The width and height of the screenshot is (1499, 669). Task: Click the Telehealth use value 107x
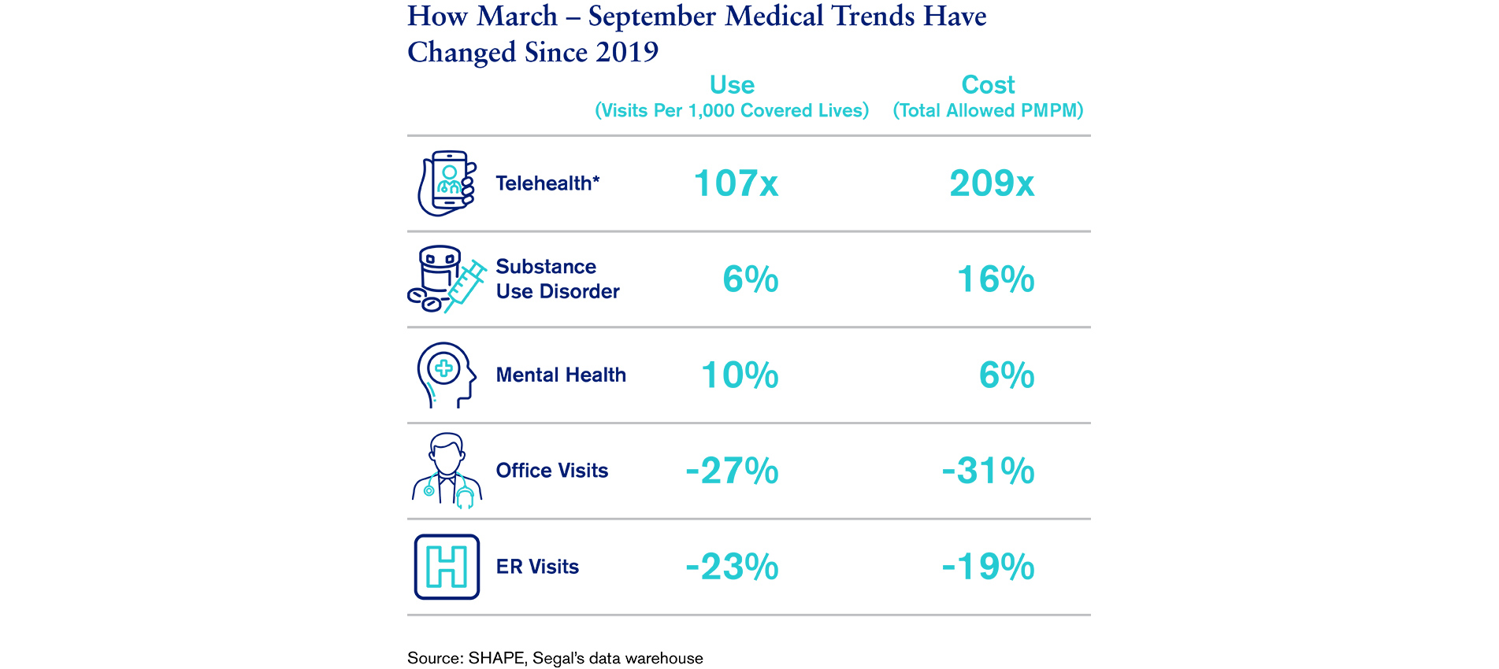[736, 183]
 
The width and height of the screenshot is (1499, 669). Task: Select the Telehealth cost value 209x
[992, 183]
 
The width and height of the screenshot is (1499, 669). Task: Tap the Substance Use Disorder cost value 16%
[996, 279]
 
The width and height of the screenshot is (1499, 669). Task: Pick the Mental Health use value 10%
[740, 375]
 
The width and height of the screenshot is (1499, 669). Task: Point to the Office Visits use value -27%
[732, 471]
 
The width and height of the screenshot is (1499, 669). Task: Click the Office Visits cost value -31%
[988, 471]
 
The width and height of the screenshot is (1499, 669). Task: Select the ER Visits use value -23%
[732, 567]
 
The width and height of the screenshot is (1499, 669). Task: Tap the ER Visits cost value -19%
[988, 567]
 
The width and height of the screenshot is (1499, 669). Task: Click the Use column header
[732, 85]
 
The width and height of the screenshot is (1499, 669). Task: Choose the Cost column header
[988, 85]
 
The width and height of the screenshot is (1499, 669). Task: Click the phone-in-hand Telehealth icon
[447, 183]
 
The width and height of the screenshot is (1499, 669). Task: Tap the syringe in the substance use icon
[466, 286]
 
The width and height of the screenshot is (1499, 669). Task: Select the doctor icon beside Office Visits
[447, 470]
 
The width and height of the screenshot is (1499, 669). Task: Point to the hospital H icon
[447, 567]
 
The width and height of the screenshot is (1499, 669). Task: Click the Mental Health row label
[561, 375]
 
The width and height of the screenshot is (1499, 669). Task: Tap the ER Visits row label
[537, 567]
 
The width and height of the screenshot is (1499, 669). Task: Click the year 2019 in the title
[627, 52]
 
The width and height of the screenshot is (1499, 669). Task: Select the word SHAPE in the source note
[495, 658]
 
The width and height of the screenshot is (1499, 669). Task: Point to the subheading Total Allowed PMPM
[988, 111]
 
